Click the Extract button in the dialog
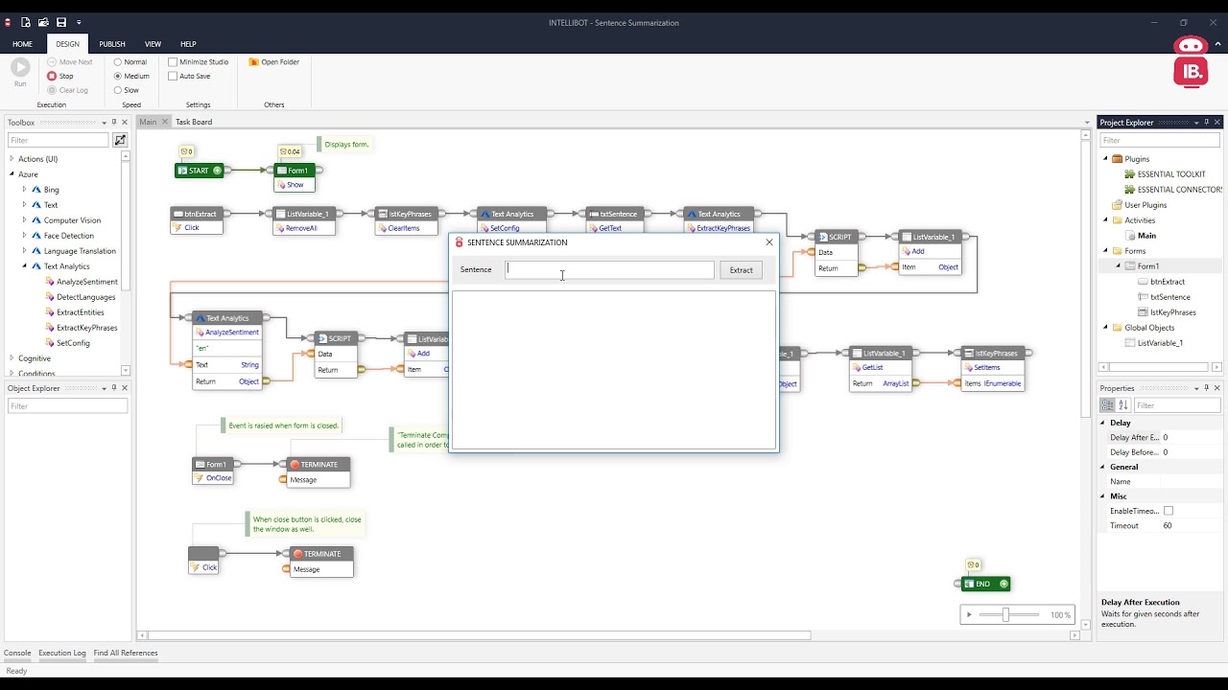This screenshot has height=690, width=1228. click(x=741, y=270)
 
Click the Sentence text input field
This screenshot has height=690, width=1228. click(x=610, y=270)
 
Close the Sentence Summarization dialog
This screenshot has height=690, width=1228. click(x=768, y=242)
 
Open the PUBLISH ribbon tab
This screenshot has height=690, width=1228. click(x=112, y=44)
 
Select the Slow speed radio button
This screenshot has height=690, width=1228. click(x=118, y=90)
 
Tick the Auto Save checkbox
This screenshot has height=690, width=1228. click(x=174, y=76)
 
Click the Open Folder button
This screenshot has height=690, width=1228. click(x=274, y=62)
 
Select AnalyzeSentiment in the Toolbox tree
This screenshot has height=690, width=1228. click(x=86, y=282)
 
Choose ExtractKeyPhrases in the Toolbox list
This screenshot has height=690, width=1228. click(x=86, y=328)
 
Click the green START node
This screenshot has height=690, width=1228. click(x=199, y=171)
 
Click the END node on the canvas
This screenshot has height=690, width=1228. click(x=983, y=584)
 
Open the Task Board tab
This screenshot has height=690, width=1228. click(x=193, y=122)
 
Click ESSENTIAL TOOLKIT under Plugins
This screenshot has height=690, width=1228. click(x=1170, y=174)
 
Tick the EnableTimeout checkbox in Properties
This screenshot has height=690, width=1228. click(x=1168, y=511)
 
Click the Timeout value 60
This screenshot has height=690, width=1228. click(x=1168, y=526)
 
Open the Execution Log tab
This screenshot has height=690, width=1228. click(x=61, y=653)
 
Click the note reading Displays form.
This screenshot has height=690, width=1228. click(x=346, y=145)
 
